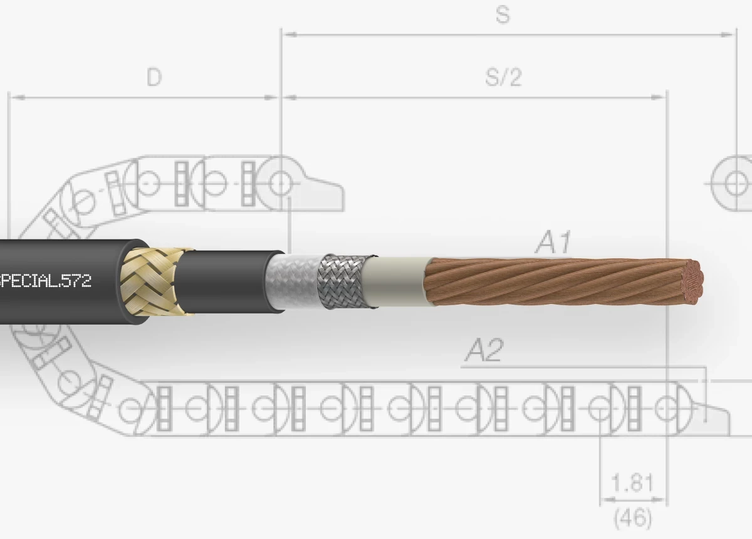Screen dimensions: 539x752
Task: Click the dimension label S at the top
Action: [x=502, y=15]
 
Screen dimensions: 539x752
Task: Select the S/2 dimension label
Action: [x=503, y=77]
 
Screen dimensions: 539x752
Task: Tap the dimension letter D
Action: [x=154, y=77]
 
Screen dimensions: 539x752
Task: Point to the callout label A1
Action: [x=553, y=243]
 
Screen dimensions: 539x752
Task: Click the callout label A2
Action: [x=484, y=351]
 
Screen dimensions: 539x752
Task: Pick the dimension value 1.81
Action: [x=632, y=483]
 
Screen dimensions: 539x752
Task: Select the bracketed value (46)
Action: [x=632, y=518]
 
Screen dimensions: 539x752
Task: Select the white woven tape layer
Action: [x=295, y=281]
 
